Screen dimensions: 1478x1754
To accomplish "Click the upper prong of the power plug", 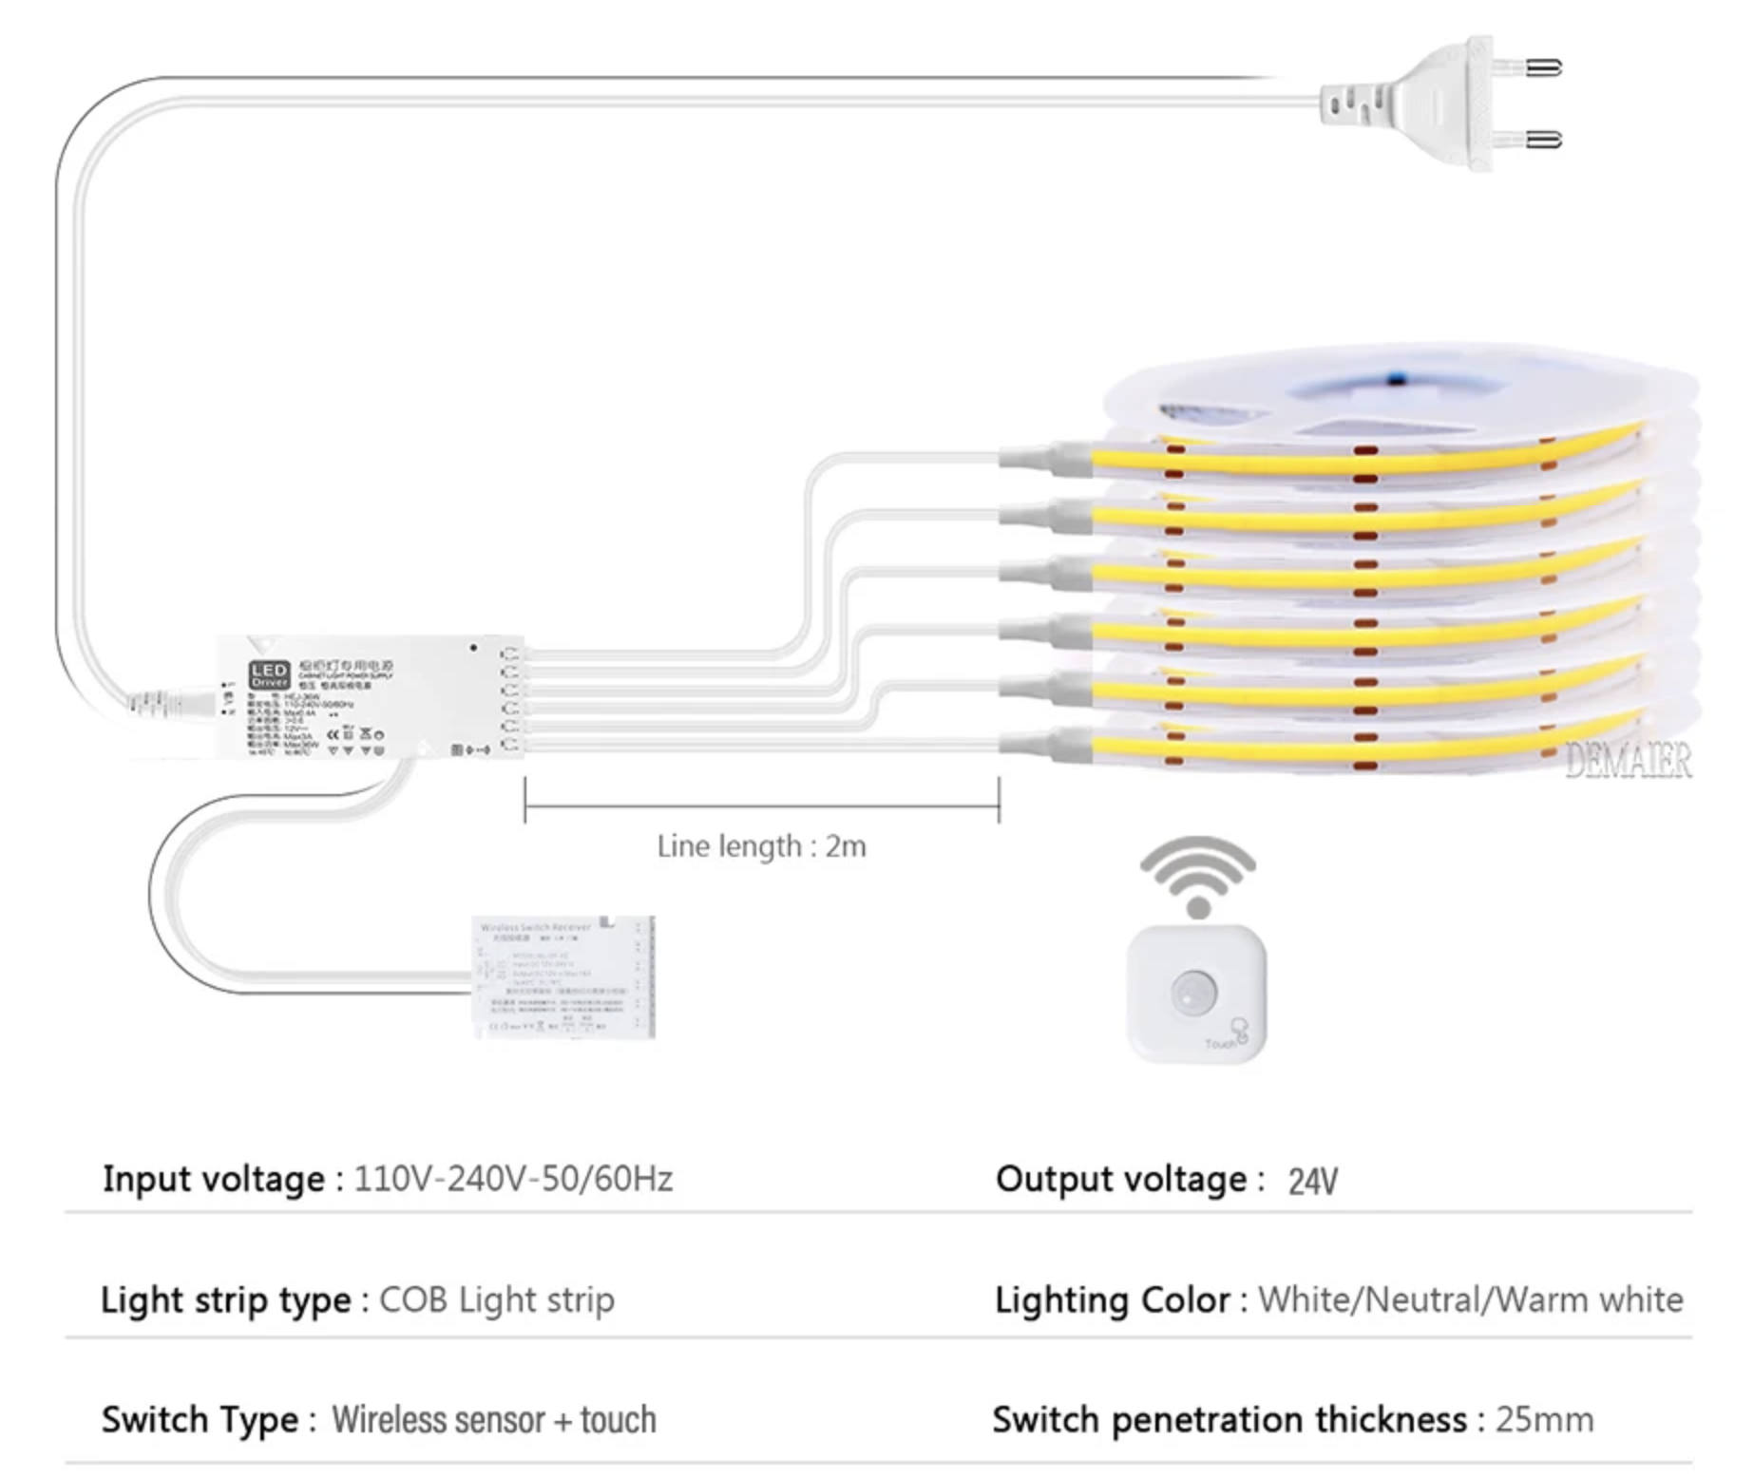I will click(1540, 68).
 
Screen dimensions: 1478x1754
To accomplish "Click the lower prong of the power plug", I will click(1540, 141).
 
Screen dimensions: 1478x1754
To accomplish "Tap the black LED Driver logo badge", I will click(269, 675).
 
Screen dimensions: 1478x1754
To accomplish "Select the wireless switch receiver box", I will click(563, 976).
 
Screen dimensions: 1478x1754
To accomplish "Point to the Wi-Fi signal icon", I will click(1198, 874).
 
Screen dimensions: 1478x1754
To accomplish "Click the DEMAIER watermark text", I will click(1628, 761).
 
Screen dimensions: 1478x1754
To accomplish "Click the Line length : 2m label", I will click(761, 846).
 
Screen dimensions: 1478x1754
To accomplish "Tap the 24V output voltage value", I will click(1312, 1182).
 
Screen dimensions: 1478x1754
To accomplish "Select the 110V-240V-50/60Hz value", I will click(513, 1179).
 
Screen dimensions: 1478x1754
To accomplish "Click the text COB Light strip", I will click(497, 1300).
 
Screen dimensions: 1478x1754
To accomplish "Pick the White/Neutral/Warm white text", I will click(1470, 1299).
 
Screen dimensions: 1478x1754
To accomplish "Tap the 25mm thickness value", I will click(1544, 1420).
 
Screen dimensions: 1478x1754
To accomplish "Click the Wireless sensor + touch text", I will click(493, 1420).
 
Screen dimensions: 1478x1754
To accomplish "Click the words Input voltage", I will click(214, 1179).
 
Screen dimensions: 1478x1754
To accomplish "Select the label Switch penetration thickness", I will click(1230, 1420).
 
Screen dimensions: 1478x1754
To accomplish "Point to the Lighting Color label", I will click(1112, 1299).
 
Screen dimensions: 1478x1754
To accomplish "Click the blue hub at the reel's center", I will click(1394, 384).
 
